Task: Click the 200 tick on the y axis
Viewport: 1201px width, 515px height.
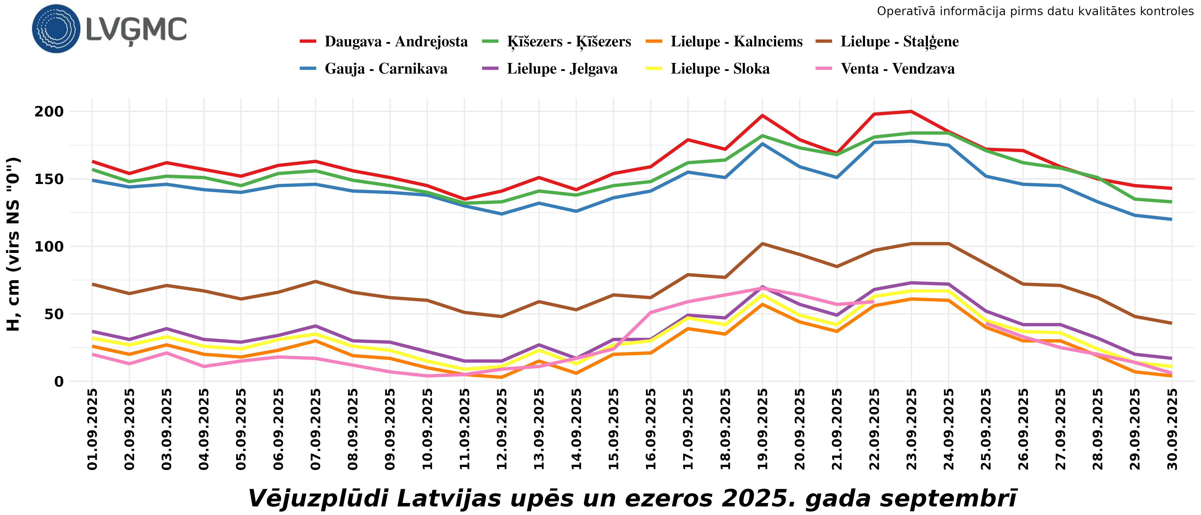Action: [49, 112]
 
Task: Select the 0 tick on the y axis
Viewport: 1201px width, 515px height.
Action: [59, 382]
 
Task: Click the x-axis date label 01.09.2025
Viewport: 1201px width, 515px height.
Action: [92, 429]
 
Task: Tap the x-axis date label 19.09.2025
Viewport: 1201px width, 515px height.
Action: [762, 429]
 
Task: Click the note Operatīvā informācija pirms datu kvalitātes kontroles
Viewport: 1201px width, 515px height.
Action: [1035, 11]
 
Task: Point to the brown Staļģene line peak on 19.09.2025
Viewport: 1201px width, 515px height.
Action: [762, 243]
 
